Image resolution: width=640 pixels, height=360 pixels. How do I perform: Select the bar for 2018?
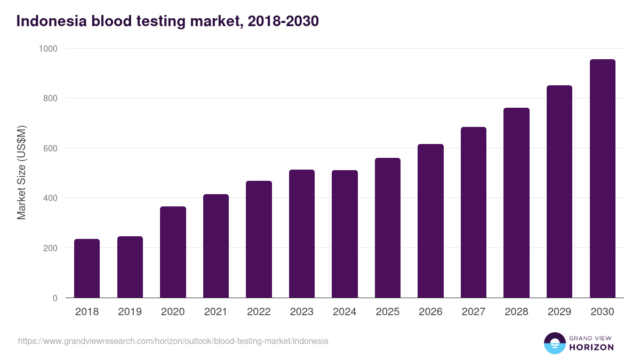click(87, 268)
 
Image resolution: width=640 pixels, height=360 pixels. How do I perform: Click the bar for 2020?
click(173, 252)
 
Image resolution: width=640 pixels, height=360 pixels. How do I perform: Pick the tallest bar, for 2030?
click(602, 179)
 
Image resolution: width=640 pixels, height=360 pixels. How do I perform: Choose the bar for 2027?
click(474, 212)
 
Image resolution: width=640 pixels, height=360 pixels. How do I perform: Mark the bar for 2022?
click(259, 239)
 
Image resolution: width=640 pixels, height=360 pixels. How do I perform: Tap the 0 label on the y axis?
click(55, 298)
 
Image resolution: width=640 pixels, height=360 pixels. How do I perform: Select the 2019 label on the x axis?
click(130, 312)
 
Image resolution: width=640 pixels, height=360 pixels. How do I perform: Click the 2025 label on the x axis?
click(387, 312)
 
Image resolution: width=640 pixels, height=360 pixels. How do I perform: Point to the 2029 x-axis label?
click(559, 312)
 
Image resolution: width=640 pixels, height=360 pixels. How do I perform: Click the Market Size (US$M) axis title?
click(21, 173)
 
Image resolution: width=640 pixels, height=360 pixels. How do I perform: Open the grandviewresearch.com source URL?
click(173, 341)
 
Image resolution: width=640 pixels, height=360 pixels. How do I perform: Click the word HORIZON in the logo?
click(591, 347)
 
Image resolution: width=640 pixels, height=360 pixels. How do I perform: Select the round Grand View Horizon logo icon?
click(555, 343)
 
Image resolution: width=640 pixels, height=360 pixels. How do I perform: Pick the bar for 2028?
click(516, 203)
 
